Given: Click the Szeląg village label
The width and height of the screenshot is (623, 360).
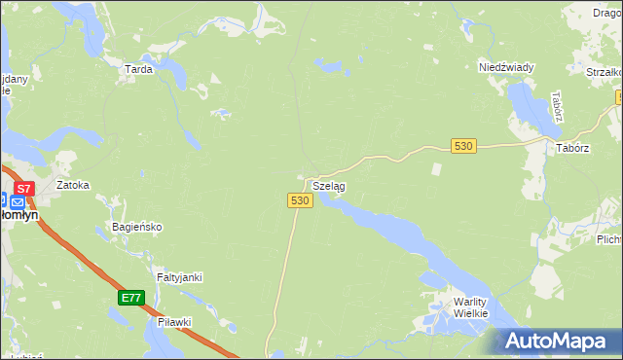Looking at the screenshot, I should click(x=328, y=185).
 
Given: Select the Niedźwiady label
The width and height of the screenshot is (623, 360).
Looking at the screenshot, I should click(x=506, y=67).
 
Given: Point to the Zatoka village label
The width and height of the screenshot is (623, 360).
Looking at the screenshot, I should click(x=73, y=184).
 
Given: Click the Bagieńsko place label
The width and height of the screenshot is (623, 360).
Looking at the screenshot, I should click(x=136, y=227).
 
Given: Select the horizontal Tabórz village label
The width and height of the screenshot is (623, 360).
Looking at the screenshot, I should click(x=573, y=148).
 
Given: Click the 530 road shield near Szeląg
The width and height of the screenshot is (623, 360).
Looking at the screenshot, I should click(x=300, y=199).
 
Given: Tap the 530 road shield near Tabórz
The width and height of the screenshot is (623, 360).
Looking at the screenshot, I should click(x=463, y=145).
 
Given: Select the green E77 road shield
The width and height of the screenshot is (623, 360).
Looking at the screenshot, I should click(x=132, y=297).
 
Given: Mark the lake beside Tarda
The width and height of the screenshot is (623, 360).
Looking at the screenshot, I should click(x=176, y=72).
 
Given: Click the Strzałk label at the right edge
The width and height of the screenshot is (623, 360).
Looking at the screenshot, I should click(x=604, y=72).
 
